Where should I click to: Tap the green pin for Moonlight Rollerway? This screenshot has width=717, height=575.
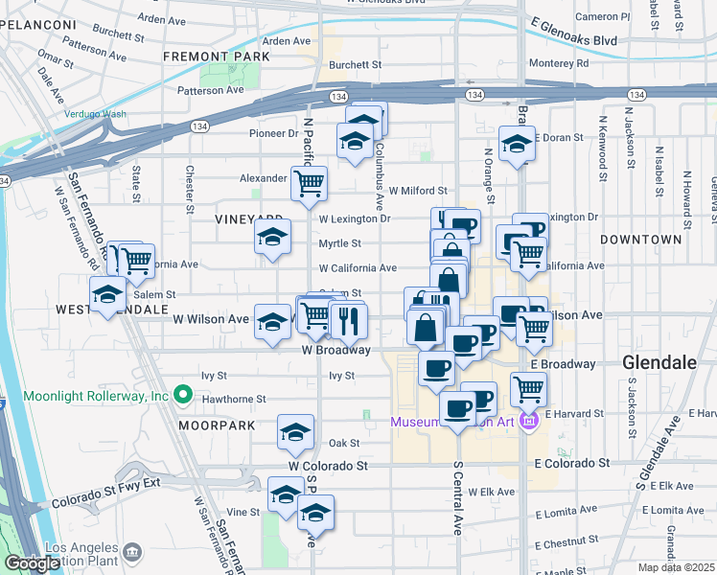click(182, 395)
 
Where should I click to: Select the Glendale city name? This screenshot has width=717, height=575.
click(658, 363)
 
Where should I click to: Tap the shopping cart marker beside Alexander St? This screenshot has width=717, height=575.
click(309, 182)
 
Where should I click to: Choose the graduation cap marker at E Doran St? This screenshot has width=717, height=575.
click(518, 145)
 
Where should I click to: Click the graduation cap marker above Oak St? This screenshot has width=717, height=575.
click(295, 432)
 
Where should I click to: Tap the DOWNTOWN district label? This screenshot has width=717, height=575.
click(641, 240)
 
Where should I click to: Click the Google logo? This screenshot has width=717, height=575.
click(32, 563)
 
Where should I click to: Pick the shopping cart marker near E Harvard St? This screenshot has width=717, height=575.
click(528, 389)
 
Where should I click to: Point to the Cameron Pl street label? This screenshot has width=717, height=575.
click(602, 16)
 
